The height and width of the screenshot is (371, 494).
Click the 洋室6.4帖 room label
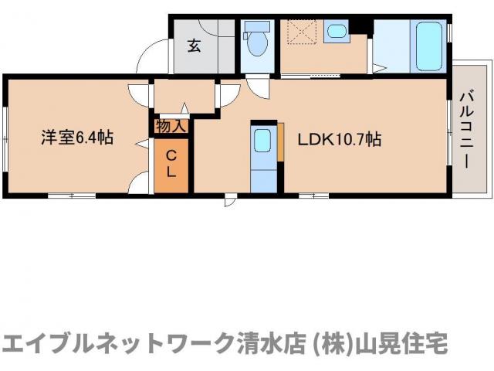[x=77, y=138]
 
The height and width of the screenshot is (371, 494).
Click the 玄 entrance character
[x=194, y=46]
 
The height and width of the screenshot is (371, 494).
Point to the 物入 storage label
[x=170, y=124]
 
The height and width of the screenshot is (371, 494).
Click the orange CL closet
[x=171, y=165]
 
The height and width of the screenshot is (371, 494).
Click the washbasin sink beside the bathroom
[x=336, y=32]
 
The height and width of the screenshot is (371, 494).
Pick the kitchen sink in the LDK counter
[x=262, y=141]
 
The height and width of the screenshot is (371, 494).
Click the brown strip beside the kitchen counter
[x=283, y=148]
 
